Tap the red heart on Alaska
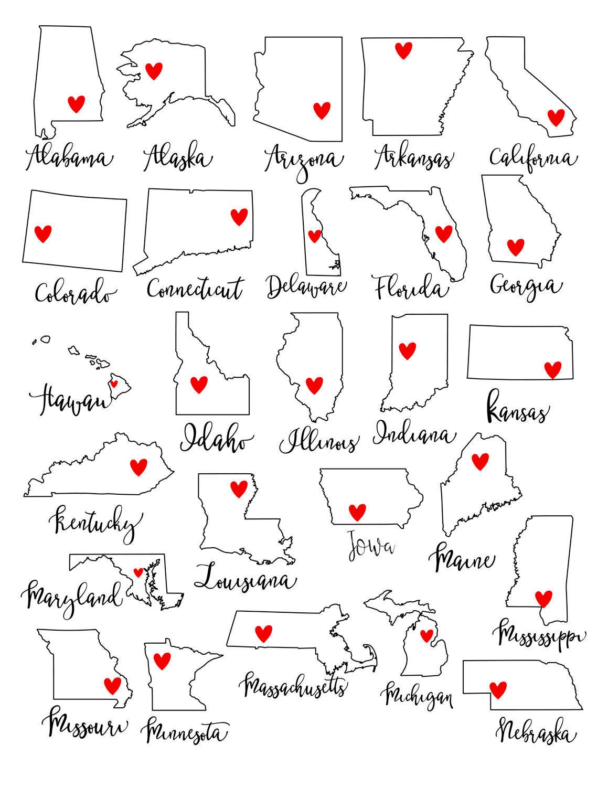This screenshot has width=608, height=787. pos(154,70)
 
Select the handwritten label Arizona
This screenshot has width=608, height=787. pos(304,159)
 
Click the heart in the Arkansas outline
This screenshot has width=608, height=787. pos(403,50)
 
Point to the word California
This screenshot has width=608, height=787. pos(532,157)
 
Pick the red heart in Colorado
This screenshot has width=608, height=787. pos(42,233)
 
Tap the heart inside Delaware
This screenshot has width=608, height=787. pos(314,236)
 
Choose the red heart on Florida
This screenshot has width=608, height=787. pos(443,233)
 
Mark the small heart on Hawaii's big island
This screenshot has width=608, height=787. pos(114,384)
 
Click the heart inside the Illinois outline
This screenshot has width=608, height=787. pos(314,385)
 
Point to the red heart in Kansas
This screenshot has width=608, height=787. pos(552,369)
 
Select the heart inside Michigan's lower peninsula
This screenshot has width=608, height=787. pos(426,635)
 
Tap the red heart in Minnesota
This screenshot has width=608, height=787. pos(162,659)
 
